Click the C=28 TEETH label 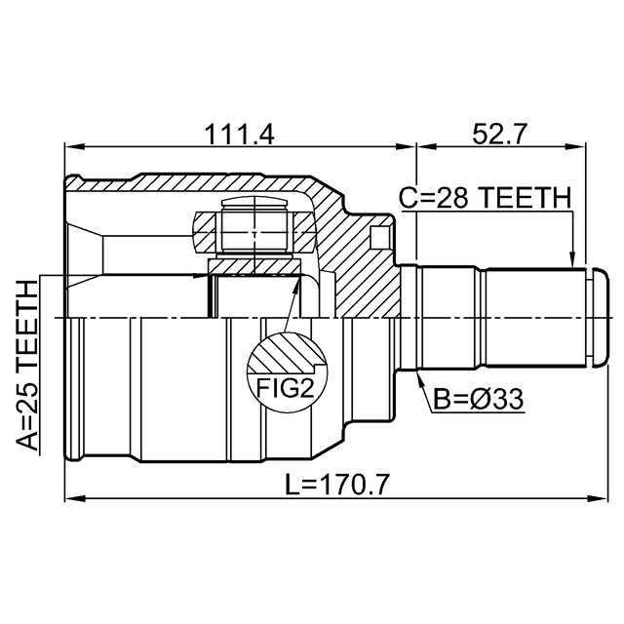[485, 198]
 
